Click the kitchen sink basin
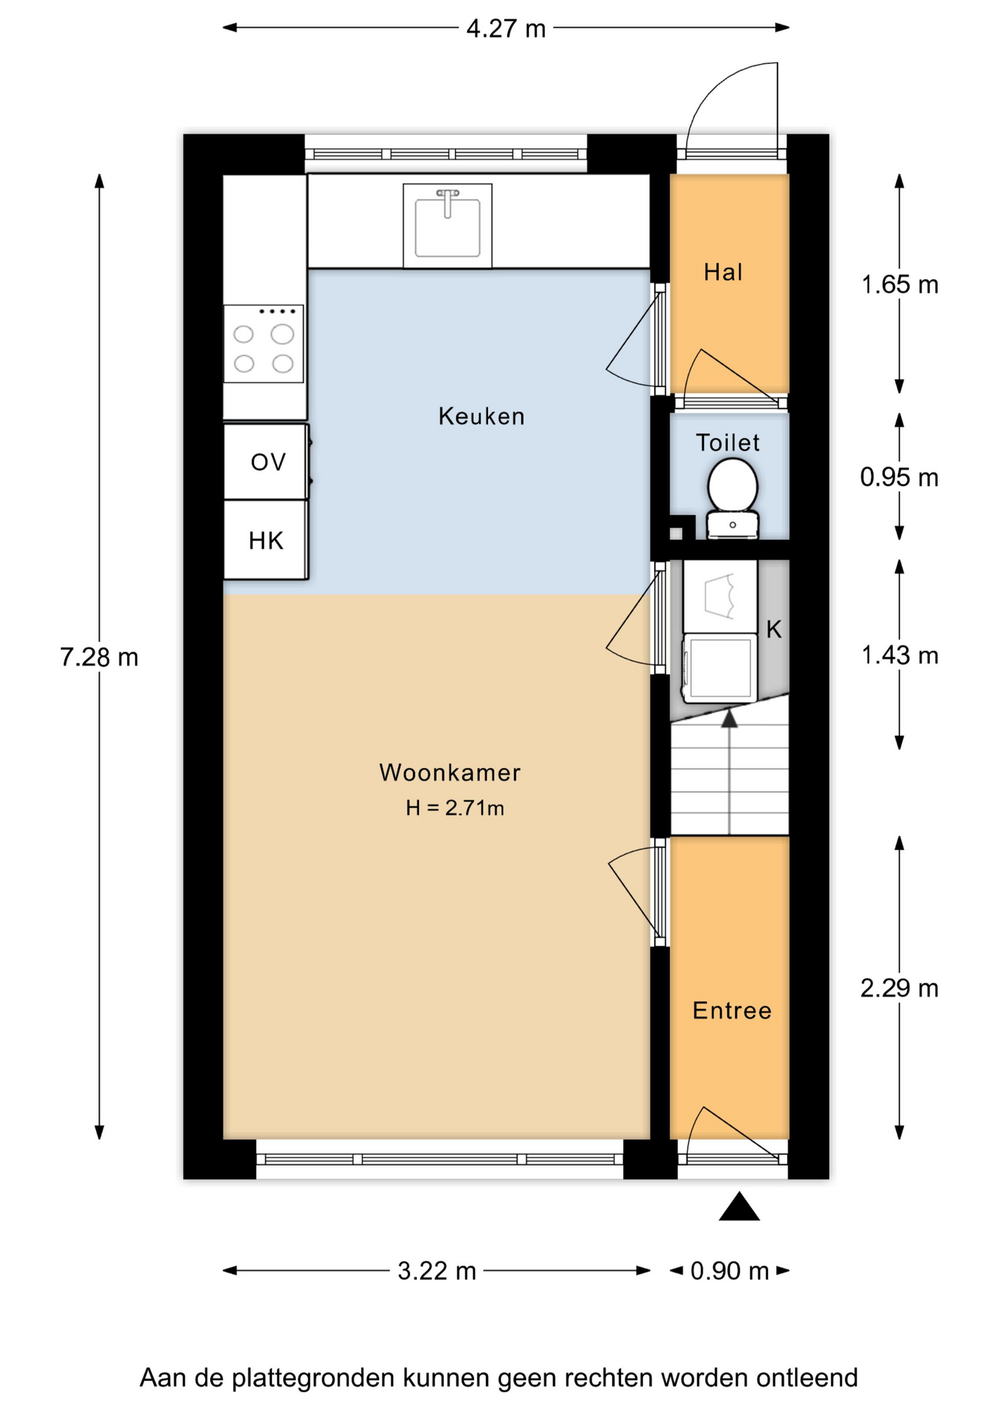point(448,226)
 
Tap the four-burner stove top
point(264,344)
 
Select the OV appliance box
point(266,462)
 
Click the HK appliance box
point(266,541)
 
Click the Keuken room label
point(481,417)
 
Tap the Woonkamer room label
point(450,772)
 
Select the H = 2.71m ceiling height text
point(455,808)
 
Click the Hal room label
point(723,273)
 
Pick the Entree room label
point(732,1010)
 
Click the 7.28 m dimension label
point(99,657)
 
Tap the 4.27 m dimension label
point(506,29)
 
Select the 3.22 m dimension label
point(437,1271)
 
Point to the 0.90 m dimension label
point(730,1271)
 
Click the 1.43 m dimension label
point(900,655)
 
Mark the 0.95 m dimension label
point(900,478)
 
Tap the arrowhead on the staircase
point(729,718)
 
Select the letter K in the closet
point(774,629)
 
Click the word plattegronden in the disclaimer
point(314,1378)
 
